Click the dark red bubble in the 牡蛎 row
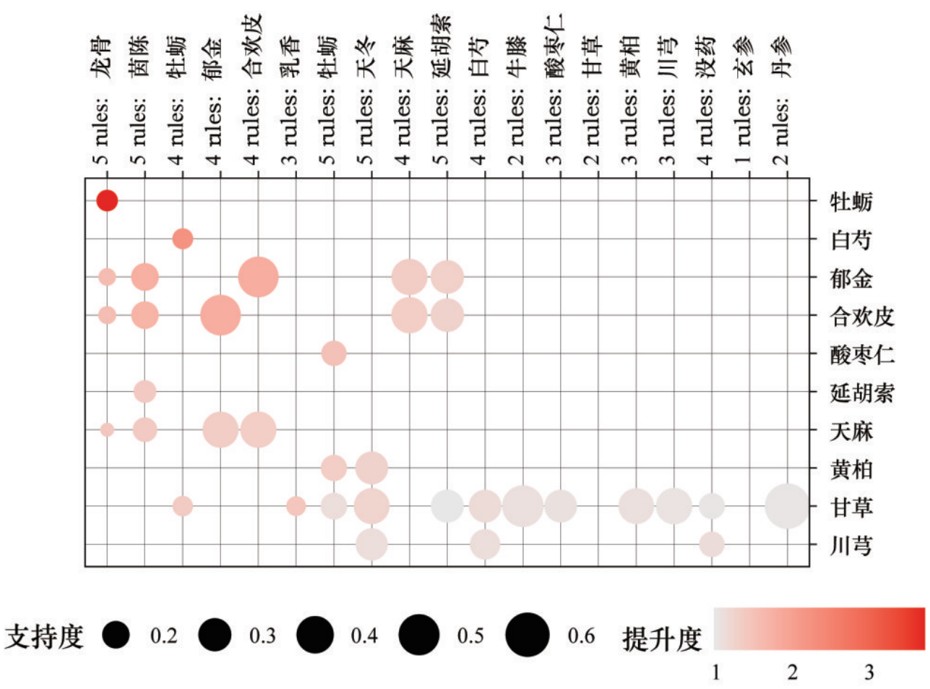107,200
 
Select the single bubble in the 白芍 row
183,238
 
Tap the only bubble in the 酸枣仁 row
333,354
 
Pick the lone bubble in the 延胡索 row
145,392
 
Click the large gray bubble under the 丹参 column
787,506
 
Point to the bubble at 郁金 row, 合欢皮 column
258,276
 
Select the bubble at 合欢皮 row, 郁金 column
220,315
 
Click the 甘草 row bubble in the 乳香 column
296,506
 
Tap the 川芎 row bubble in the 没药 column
712,544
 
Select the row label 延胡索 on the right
862,393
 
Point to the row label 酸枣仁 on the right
862,355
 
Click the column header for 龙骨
102,101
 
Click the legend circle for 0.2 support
116,635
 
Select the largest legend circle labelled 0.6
528,635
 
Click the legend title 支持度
45,636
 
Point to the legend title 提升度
662,638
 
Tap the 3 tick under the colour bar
869,672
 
